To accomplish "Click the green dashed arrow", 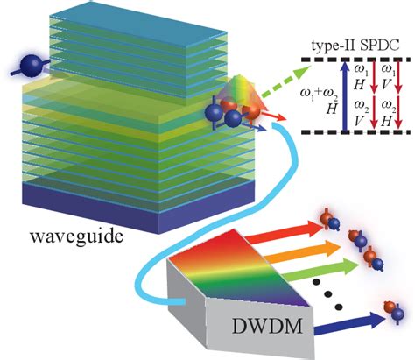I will click(281, 84).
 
